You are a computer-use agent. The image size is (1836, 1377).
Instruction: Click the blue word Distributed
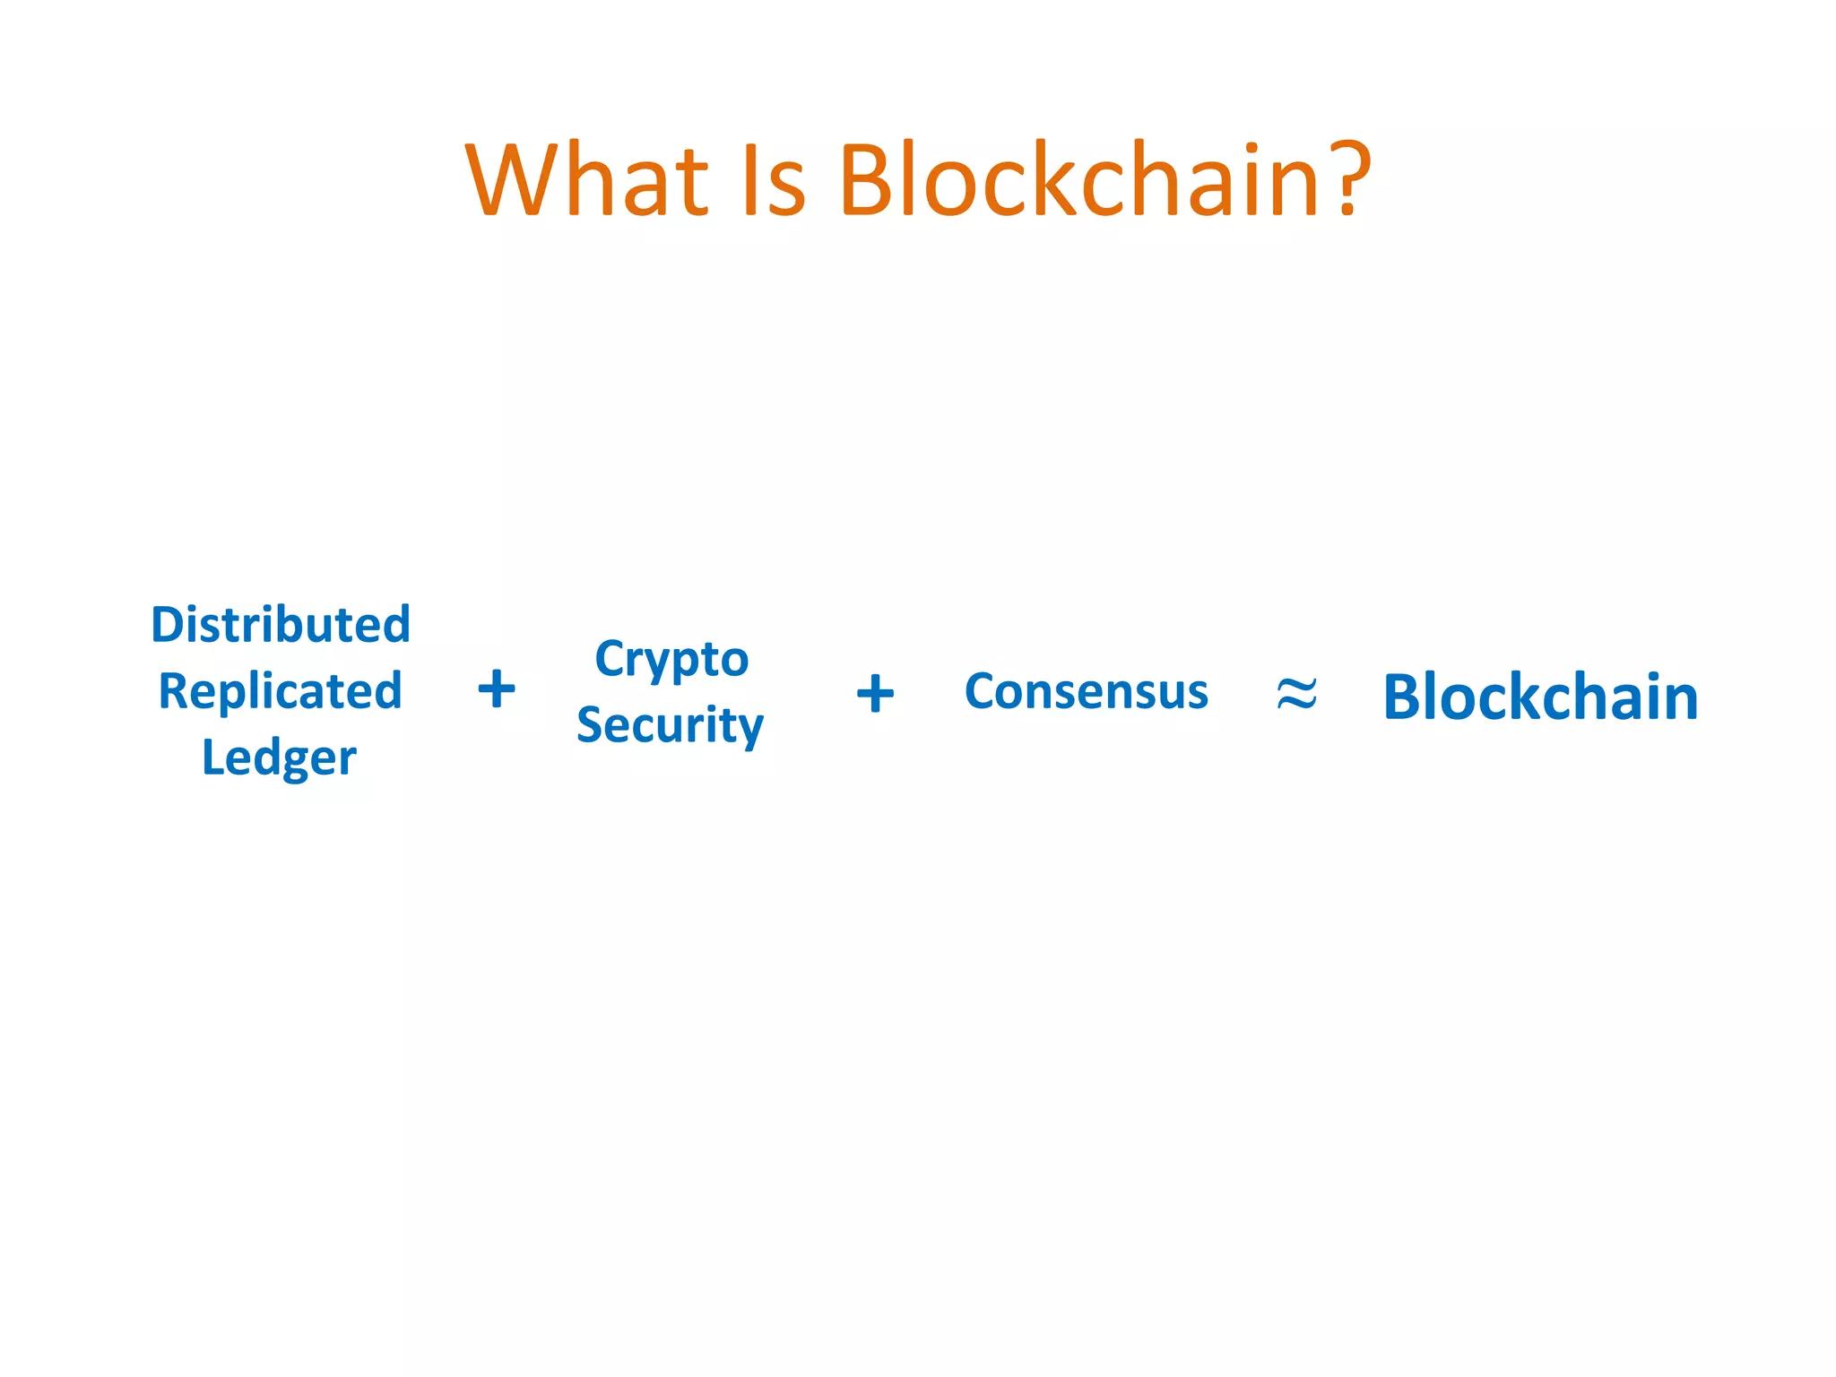click(x=281, y=624)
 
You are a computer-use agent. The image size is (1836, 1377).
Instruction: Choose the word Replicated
click(x=280, y=691)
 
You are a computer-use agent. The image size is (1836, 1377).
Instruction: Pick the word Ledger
click(x=279, y=758)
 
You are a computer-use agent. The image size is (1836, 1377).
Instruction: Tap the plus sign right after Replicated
click(x=497, y=689)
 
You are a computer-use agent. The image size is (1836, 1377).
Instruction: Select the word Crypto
click(x=671, y=660)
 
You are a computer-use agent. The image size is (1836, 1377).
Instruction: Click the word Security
click(x=670, y=724)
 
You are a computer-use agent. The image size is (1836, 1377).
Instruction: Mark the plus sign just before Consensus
click(x=875, y=693)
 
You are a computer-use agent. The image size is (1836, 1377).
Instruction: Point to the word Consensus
click(x=1087, y=691)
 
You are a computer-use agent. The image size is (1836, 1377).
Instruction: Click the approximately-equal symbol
click(x=1296, y=693)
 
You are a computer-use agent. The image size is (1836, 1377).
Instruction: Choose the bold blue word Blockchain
click(x=1540, y=697)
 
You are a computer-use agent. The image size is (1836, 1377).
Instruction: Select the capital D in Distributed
click(x=168, y=624)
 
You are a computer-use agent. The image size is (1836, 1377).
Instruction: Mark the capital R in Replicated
click(x=174, y=691)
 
